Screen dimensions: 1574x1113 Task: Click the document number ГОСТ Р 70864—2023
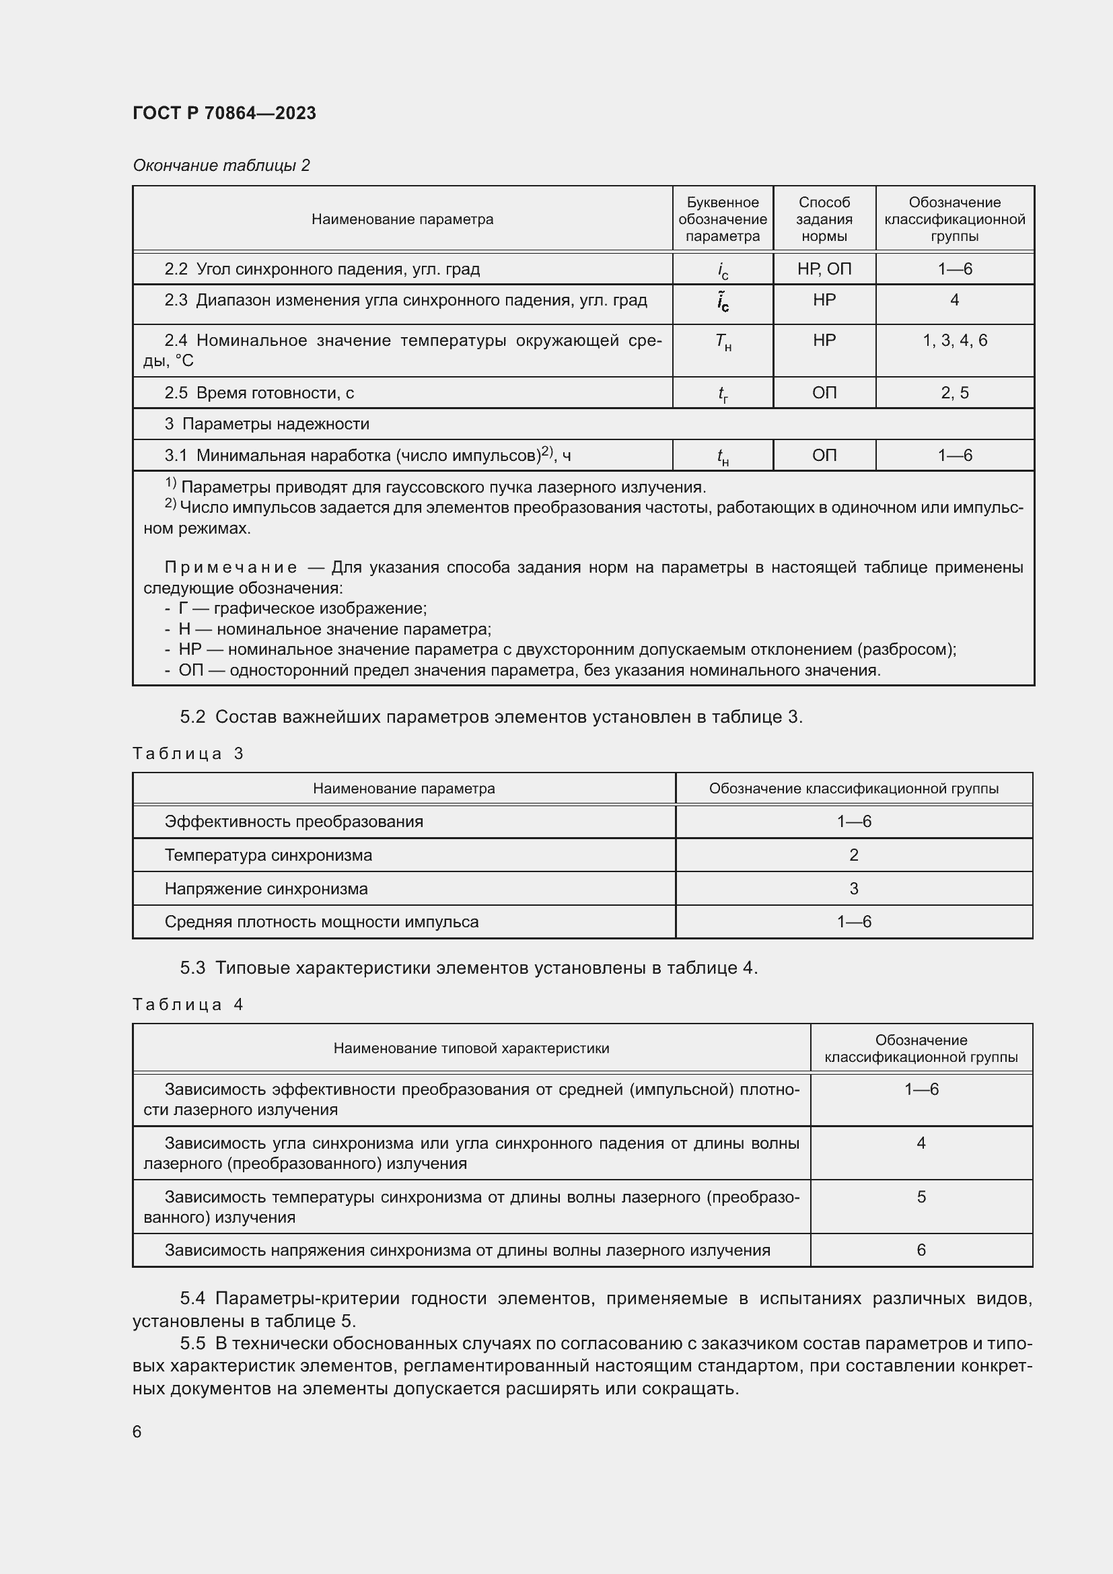click(x=224, y=113)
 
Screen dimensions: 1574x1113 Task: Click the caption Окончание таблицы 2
click(x=221, y=166)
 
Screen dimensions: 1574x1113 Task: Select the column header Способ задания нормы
click(x=824, y=219)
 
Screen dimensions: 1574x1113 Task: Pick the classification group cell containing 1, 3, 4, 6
click(x=954, y=341)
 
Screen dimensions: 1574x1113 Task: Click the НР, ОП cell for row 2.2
click(x=824, y=269)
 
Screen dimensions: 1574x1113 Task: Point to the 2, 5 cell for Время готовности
click(x=954, y=393)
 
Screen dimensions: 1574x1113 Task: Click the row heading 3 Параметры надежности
click(x=266, y=424)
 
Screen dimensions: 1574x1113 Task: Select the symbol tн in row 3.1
click(x=722, y=456)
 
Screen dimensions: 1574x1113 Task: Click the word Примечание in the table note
click(x=231, y=568)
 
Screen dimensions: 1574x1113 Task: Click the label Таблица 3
click(x=188, y=754)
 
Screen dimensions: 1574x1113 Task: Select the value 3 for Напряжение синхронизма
click(x=853, y=888)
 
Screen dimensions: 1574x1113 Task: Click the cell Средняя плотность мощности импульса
click(x=322, y=922)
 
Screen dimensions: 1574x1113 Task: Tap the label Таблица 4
click(x=188, y=1004)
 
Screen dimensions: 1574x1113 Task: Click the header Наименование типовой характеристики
click(x=471, y=1048)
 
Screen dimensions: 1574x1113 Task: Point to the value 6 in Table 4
click(x=921, y=1250)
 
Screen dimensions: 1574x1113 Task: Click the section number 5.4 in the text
click(x=192, y=1297)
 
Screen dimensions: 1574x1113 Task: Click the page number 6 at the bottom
click(x=137, y=1431)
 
